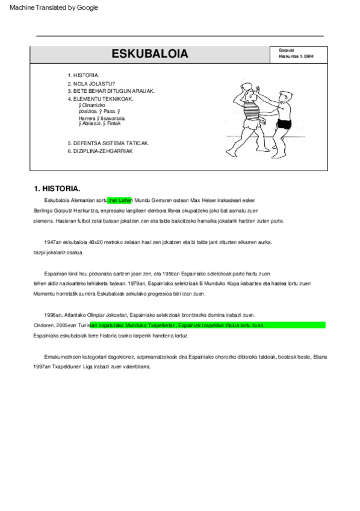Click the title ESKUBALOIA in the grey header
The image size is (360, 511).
tap(150, 54)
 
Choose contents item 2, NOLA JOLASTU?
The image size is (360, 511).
tap(91, 83)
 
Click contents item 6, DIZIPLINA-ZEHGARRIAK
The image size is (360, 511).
tap(100, 151)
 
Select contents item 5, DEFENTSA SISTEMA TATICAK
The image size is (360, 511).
tap(108, 143)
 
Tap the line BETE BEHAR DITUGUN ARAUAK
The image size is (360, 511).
tap(111, 91)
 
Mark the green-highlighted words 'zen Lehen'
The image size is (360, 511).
tap(120, 199)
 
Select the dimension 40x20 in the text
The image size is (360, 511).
tap(96, 242)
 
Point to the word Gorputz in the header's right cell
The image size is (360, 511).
tap(287, 50)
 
